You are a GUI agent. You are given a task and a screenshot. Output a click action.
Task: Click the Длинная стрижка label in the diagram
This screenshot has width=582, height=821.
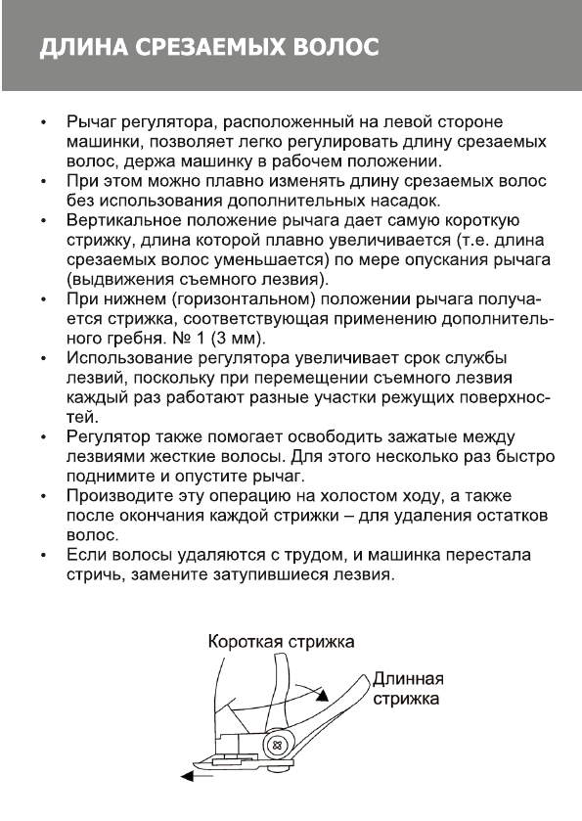coord(409,690)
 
